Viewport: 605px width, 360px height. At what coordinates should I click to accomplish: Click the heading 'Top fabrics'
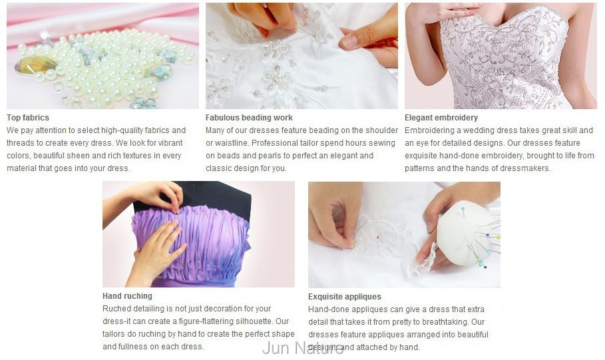28,118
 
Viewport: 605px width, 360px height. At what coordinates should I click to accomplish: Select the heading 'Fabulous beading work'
249,118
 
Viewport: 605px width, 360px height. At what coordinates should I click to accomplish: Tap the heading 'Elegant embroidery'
441,118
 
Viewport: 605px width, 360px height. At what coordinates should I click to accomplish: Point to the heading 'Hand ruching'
127,296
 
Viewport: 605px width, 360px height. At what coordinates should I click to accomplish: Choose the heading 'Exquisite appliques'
345,297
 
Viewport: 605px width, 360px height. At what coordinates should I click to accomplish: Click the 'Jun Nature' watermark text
302,348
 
